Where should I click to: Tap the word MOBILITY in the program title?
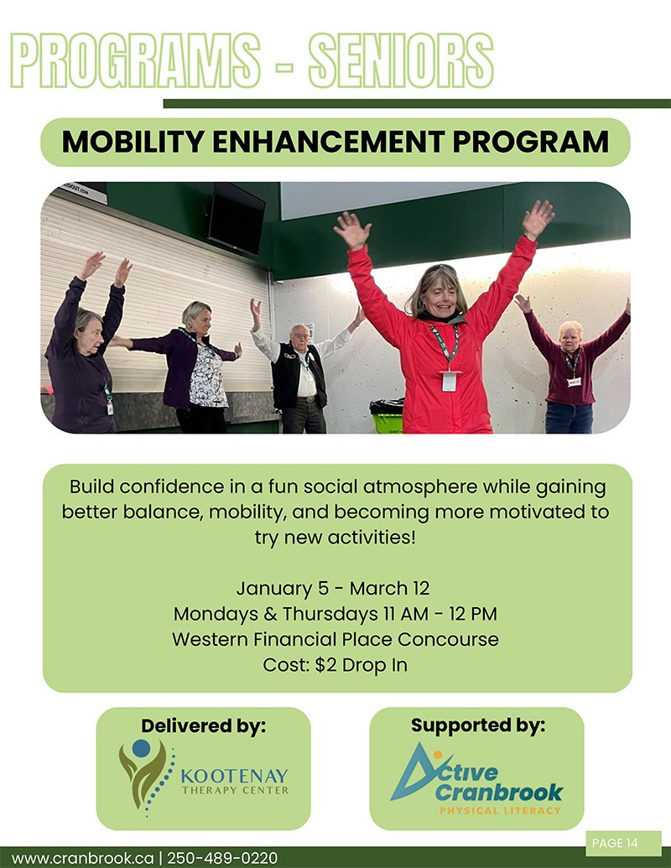tap(133, 142)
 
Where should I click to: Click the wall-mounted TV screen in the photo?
tap(237, 218)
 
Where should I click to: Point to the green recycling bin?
tap(388, 417)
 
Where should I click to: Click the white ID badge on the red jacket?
tap(449, 382)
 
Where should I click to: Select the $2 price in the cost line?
tap(325, 665)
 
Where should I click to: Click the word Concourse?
tap(448, 639)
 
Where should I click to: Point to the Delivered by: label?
tap(203, 725)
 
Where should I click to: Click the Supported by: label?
tap(478, 725)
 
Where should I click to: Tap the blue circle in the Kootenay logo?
tap(141, 748)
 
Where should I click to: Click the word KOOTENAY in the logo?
tap(234, 776)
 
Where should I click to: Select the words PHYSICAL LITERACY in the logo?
tap(500, 810)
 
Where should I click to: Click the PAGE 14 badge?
tap(623, 843)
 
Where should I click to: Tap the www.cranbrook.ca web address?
tap(82, 858)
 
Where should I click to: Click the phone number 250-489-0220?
tap(222, 858)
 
